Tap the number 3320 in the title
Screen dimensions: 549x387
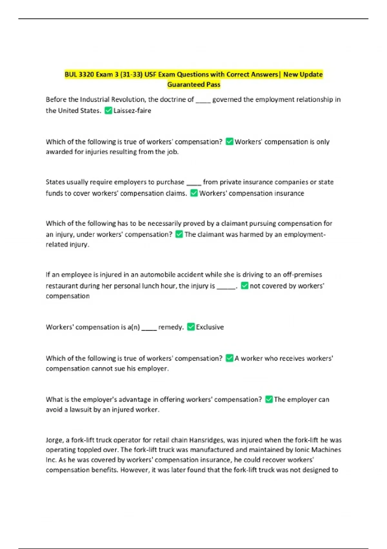86,75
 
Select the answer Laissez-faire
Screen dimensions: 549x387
132,111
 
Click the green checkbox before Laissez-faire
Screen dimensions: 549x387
109,111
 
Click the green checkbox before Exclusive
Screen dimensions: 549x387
191,327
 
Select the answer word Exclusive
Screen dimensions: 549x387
210,327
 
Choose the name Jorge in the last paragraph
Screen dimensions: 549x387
54,440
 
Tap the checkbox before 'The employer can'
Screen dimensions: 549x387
269,399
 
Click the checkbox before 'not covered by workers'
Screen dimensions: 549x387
245,286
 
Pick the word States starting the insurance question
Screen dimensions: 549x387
55,182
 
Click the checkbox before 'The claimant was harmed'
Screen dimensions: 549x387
179,234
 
